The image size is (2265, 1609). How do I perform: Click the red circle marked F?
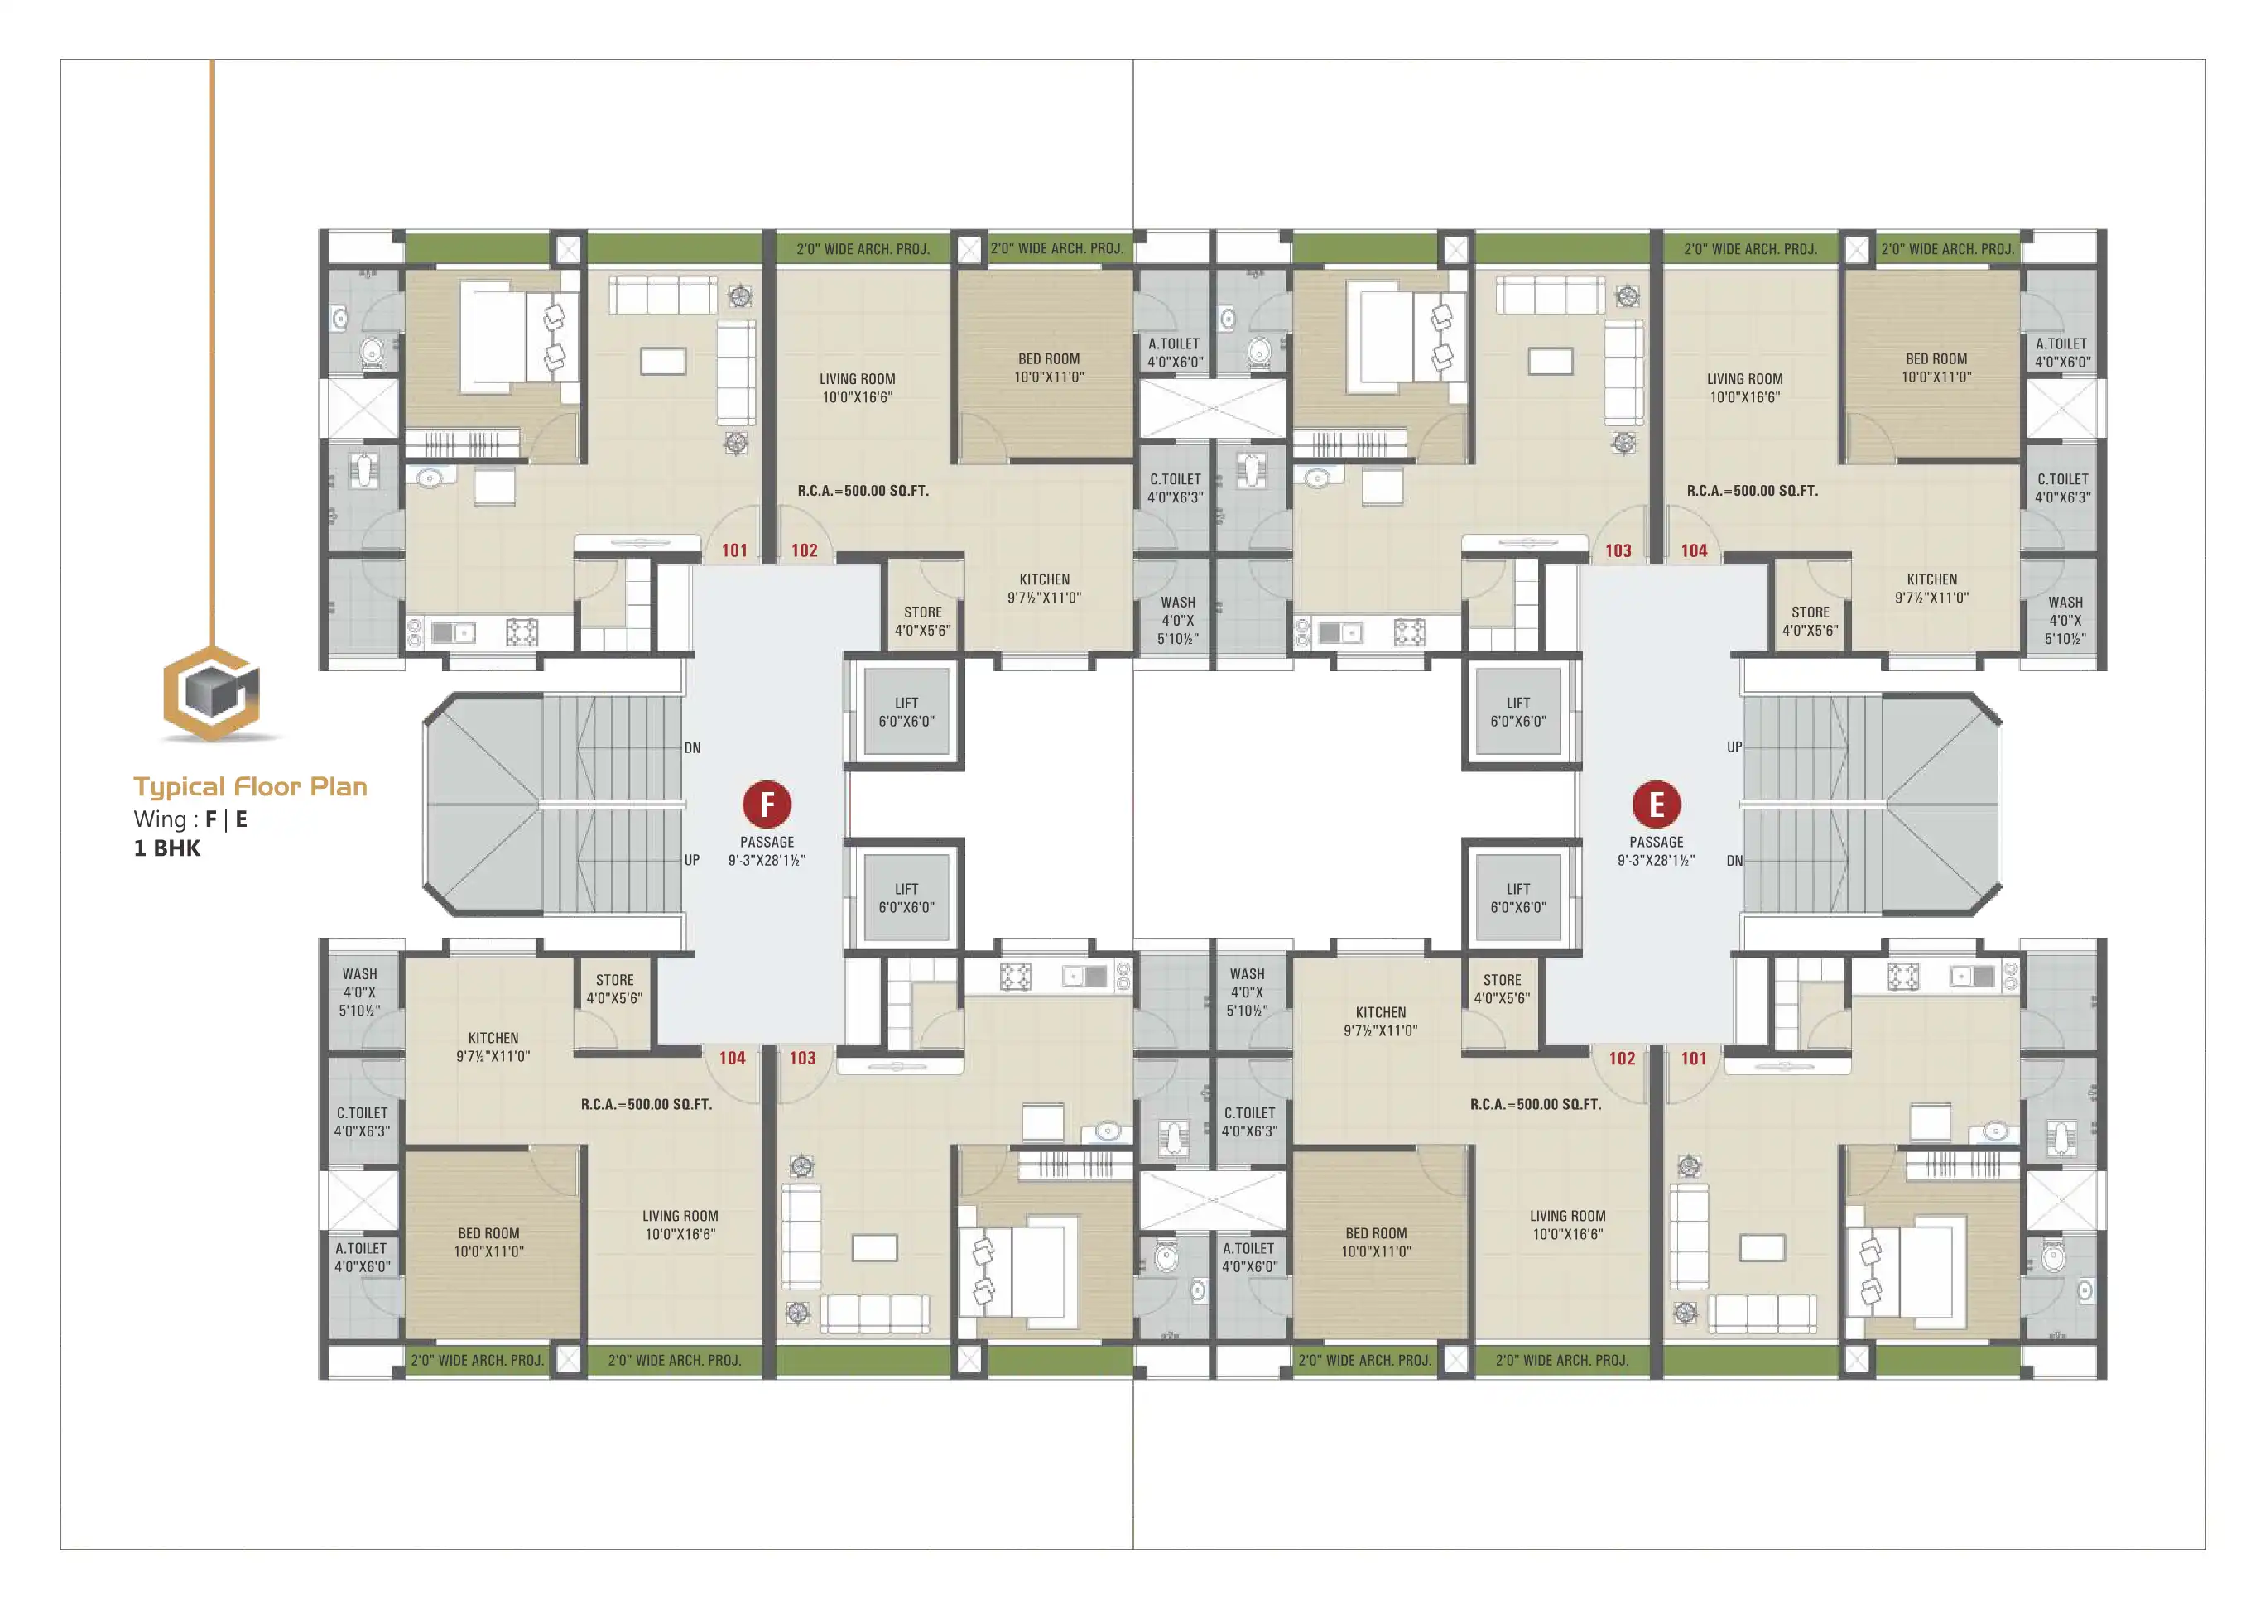(767, 804)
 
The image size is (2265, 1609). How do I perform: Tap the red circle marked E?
(1656, 804)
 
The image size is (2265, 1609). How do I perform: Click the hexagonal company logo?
(212, 693)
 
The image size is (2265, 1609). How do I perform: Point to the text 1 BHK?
(167, 848)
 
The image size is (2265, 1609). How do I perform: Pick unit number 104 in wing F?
(732, 1058)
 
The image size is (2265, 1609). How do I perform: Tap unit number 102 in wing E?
(1622, 1058)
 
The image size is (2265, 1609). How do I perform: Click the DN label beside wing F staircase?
(693, 748)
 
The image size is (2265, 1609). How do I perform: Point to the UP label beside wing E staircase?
(1734, 747)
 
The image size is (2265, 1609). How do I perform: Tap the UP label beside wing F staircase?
(691, 860)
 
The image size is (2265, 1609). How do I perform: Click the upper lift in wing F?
(906, 711)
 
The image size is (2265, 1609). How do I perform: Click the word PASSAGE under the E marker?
(1656, 842)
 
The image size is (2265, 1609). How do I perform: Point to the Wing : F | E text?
(190, 819)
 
